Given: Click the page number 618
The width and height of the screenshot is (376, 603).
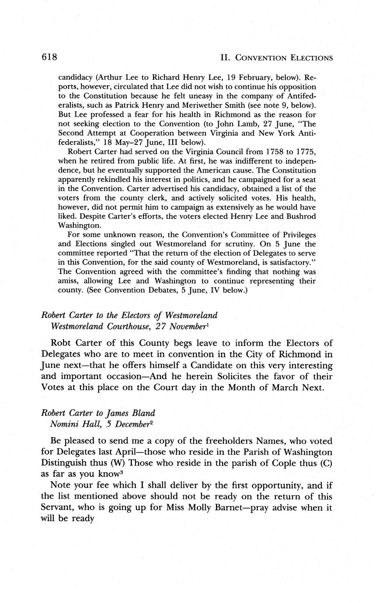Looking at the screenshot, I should coord(50,57).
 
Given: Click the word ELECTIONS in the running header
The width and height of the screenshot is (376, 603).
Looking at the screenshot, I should coord(306,58).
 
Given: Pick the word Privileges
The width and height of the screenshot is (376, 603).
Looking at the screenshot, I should coord(294,235).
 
